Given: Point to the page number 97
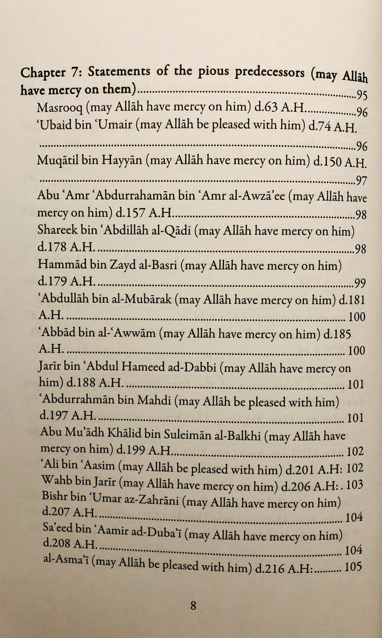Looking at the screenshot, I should click(x=362, y=180).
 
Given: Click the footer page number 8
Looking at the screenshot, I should click(x=194, y=606).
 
